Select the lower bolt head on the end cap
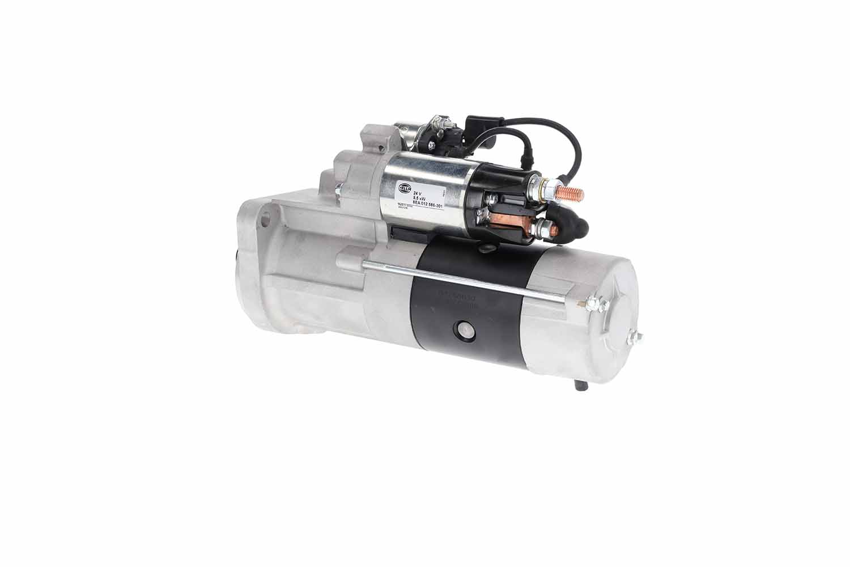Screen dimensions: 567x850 634,338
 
